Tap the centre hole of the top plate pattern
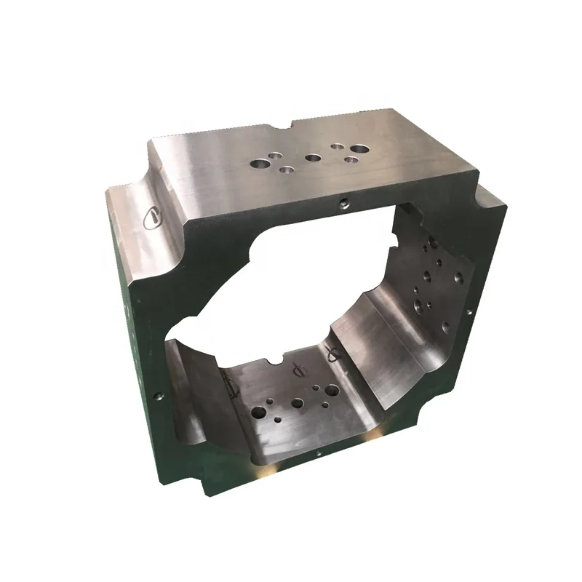(313, 157)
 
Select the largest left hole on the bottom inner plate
(258, 412)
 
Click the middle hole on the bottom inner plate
(298, 402)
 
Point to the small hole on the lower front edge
(318, 453)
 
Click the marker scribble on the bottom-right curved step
(333, 354)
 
